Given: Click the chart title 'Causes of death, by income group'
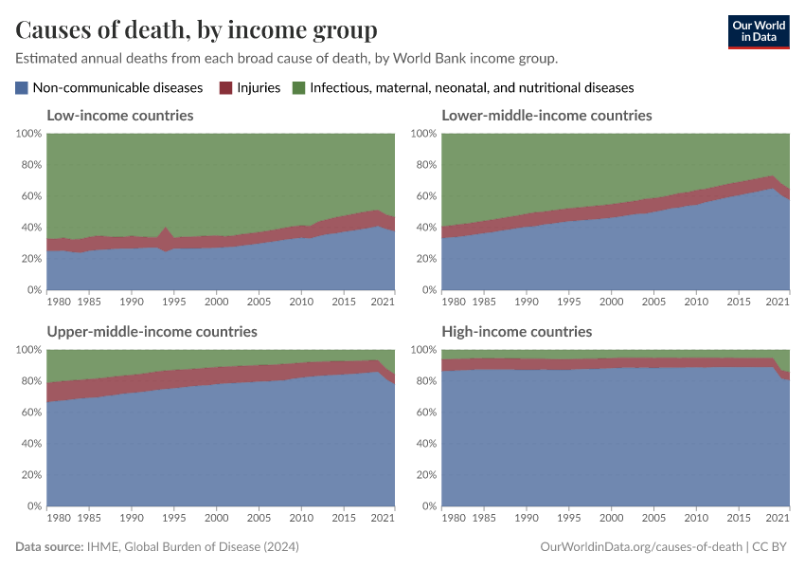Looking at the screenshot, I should tap(196, 30).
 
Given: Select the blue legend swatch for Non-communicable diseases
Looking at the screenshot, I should tap(22, 88).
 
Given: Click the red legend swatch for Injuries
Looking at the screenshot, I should tap(225, 88).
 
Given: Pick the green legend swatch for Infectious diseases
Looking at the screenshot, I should tap(298, 88).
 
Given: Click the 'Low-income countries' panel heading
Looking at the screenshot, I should tap(120, 116).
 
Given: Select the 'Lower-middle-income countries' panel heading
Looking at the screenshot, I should tap(546, 116).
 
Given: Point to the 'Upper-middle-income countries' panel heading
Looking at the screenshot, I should tap(152, 332).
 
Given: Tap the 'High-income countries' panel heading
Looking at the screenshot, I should tap(516, 332).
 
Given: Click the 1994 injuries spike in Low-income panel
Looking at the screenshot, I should tap(167, 230).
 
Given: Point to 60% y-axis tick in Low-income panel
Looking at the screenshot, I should tap(28, 196).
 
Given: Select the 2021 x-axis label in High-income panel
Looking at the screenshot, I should tap(778, 518).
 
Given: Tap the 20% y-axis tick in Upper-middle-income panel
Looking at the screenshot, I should tap(28, 475).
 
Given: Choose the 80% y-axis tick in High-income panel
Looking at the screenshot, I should tap(424, 381).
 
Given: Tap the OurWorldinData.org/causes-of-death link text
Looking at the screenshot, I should tap(640, 547).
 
